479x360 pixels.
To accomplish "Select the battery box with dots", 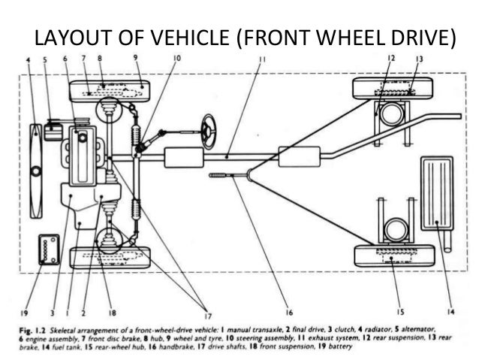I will (50, 249).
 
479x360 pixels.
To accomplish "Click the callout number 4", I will (29, 59).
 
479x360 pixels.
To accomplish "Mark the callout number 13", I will (419, 59).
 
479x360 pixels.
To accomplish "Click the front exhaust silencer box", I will (183, 158).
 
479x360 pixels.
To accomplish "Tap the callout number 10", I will (175, 59).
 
